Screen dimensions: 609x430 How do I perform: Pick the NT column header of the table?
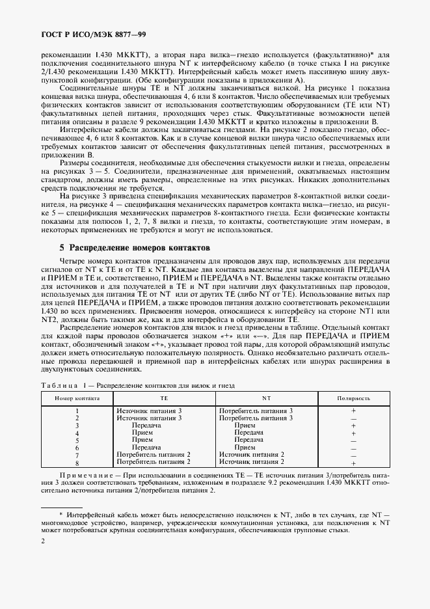click(266, 397)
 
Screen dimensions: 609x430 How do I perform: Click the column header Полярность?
click(354, 397)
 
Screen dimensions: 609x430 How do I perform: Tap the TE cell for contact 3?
click(146, 426)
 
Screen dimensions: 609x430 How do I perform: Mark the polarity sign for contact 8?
click(353, 463)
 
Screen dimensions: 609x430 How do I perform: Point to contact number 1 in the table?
click(77, 411)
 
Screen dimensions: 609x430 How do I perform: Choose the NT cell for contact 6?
click(245, 448)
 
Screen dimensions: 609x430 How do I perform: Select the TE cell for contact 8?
click(153, 462)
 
